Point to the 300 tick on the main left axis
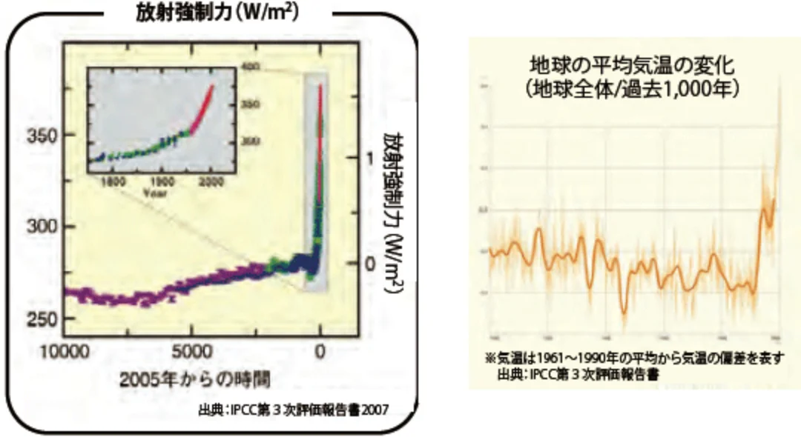(43, 227)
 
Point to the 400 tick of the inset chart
(250, 67)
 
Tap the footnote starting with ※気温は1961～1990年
(634, 358)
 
